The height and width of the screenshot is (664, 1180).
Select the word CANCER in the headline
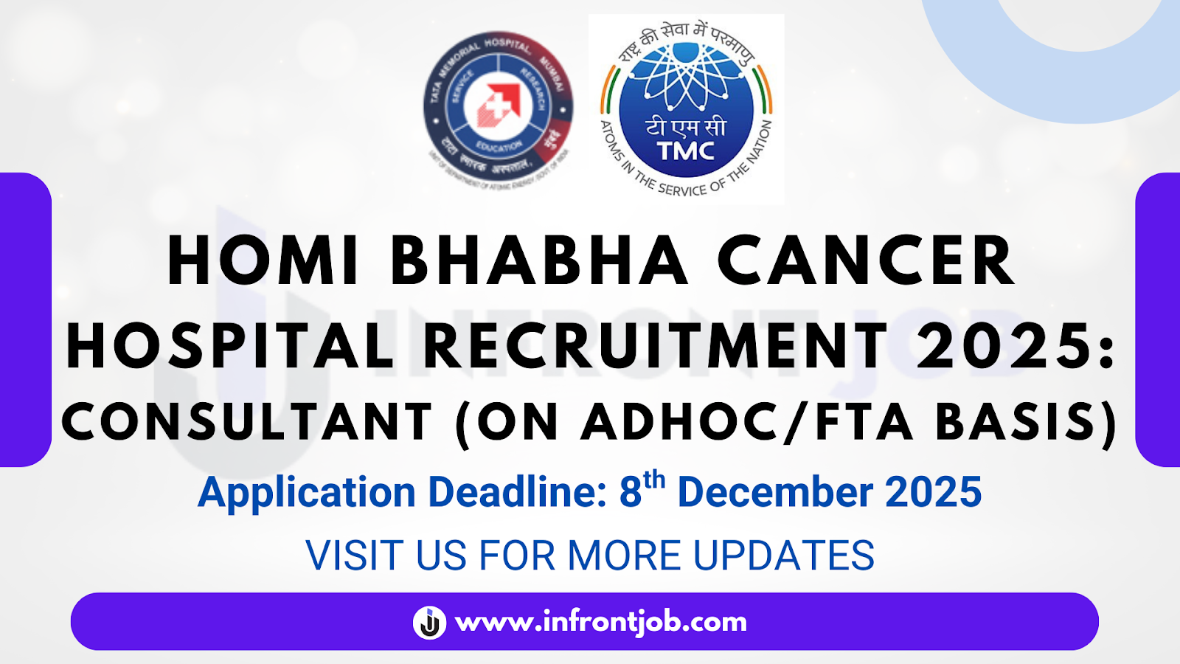point(867,262)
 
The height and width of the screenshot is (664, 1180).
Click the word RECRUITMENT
point(656,345)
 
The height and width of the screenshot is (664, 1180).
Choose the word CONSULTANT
point(247,423)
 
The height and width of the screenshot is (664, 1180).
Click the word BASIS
point(1018,423)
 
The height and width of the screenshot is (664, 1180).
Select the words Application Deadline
point(402,493)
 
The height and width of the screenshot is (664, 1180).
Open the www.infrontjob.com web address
point(601,622)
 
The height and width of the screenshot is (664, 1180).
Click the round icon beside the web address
point(429,622)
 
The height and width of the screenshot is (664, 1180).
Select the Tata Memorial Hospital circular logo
point(499,109)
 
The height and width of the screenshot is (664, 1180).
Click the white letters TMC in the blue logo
point(686,151)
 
